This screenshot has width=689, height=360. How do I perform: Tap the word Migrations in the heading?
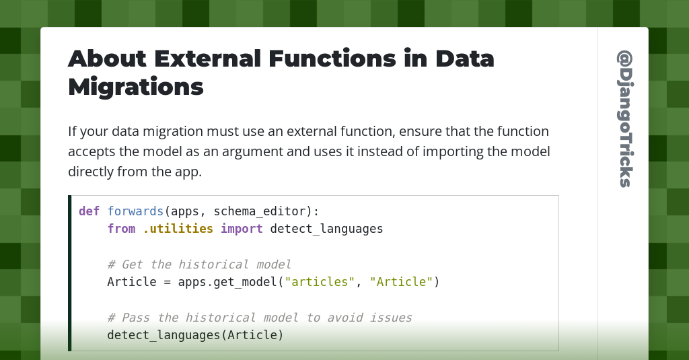[135, 87]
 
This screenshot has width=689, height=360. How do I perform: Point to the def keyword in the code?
[89, 211]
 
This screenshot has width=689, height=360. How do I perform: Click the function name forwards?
[135, 211]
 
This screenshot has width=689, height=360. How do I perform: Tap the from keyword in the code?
[121, 229]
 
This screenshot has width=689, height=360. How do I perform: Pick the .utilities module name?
[178, 229]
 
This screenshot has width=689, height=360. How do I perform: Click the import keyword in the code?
[242, 229]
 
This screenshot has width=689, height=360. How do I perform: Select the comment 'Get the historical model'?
[199, 264]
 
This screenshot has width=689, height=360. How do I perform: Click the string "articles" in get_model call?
[320, 282]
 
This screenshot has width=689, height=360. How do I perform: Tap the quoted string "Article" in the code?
[401, 282]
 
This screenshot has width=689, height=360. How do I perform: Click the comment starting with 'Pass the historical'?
[259, 318]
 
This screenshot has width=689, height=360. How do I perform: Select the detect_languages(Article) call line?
[195, 335]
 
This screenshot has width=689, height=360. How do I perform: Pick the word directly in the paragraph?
[91, 172]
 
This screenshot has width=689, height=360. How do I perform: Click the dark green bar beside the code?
[69, 273]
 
